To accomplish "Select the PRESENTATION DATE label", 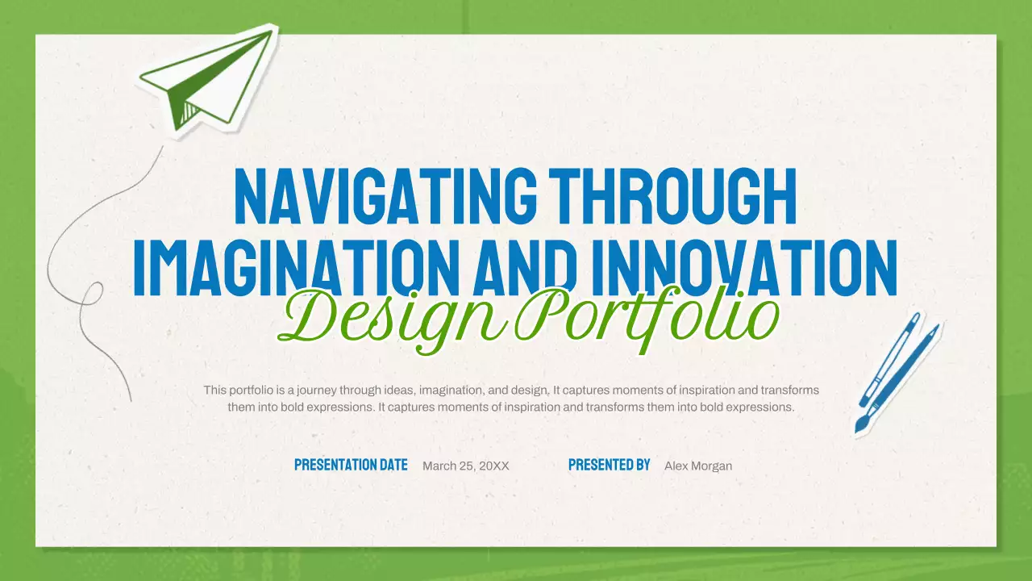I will click(x=351, y=465).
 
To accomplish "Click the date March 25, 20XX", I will click(x=466, y=466).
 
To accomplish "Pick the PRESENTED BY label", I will click(x=609, y=465).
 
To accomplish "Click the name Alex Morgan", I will click(x=698, y=466).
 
